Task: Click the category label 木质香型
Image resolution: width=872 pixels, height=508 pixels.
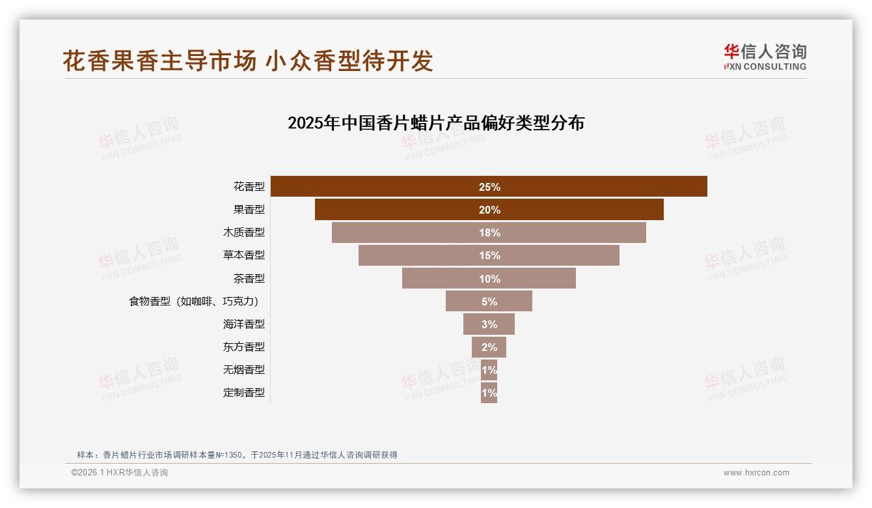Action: coord(244,233)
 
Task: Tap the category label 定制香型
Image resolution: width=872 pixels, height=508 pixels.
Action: coord(244,393)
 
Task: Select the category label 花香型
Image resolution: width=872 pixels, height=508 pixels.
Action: coord(249,187)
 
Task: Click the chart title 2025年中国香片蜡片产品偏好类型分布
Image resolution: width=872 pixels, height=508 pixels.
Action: coord(436,123)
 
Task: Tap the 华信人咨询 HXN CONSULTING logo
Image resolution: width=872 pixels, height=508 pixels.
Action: coord(765,57)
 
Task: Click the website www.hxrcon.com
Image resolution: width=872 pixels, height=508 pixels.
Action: coord(756,473)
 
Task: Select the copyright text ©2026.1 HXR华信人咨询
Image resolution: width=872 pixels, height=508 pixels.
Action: coord(120,473)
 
